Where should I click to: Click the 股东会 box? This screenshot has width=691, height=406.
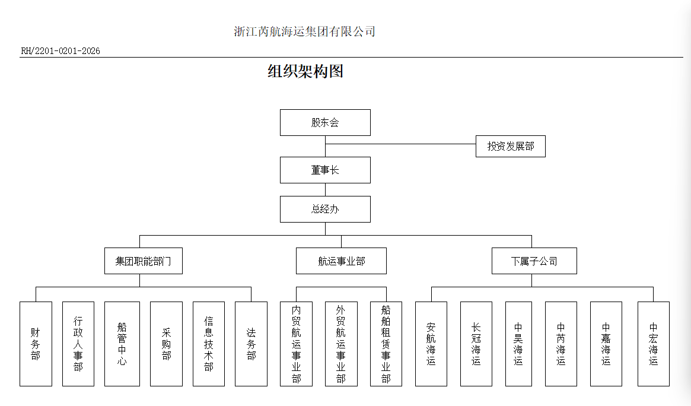[325, 123]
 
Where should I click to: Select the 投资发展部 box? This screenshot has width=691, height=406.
[510, 146]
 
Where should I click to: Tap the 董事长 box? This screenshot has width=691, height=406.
[325, 170]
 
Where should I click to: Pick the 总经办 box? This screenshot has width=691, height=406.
[325, 210]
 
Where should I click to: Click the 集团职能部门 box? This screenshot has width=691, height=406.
[144, 261]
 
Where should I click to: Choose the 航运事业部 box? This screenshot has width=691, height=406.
[341, 261]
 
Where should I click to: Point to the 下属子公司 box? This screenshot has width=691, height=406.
[534, 261]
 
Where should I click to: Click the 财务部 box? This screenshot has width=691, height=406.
[36, 344]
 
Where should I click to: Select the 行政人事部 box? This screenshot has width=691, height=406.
[78, 344]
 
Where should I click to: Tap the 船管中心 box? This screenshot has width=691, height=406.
[122, 344]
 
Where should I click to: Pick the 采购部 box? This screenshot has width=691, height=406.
[166, 344]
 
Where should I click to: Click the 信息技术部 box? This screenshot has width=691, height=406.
[209, 344]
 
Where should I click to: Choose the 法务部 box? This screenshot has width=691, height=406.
[251, 344]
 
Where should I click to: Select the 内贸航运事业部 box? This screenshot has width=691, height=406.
[296, 344]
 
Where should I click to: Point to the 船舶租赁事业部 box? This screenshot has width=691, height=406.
[386, 344]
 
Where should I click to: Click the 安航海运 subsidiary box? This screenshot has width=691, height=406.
[431, 344]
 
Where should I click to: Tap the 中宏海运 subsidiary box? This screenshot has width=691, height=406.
[654, 344]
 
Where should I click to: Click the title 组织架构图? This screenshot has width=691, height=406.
[305, 72]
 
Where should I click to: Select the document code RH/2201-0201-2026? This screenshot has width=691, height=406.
[60, 51]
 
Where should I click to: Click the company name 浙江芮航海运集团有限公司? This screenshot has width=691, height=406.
[305, 31]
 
